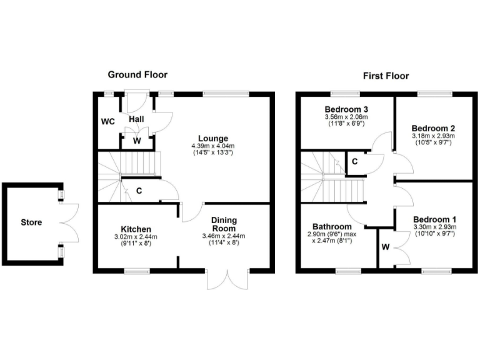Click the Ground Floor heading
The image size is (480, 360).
pos(137,74)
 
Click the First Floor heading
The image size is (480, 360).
pos(386,76)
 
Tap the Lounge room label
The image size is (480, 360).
pos(213,138)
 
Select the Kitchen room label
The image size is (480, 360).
pos(136,229)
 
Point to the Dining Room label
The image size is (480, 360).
pos(223,224)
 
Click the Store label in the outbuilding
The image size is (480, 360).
pos(31,222)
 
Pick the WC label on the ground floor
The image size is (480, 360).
pos(109,121)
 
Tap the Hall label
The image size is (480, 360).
pos(137,119)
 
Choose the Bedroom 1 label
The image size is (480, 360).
pos(435,219)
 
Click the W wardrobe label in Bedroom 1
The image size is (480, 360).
pos(386,247)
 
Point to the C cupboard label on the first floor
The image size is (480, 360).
pos(354,162)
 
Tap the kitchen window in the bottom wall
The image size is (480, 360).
pos(137,271)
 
